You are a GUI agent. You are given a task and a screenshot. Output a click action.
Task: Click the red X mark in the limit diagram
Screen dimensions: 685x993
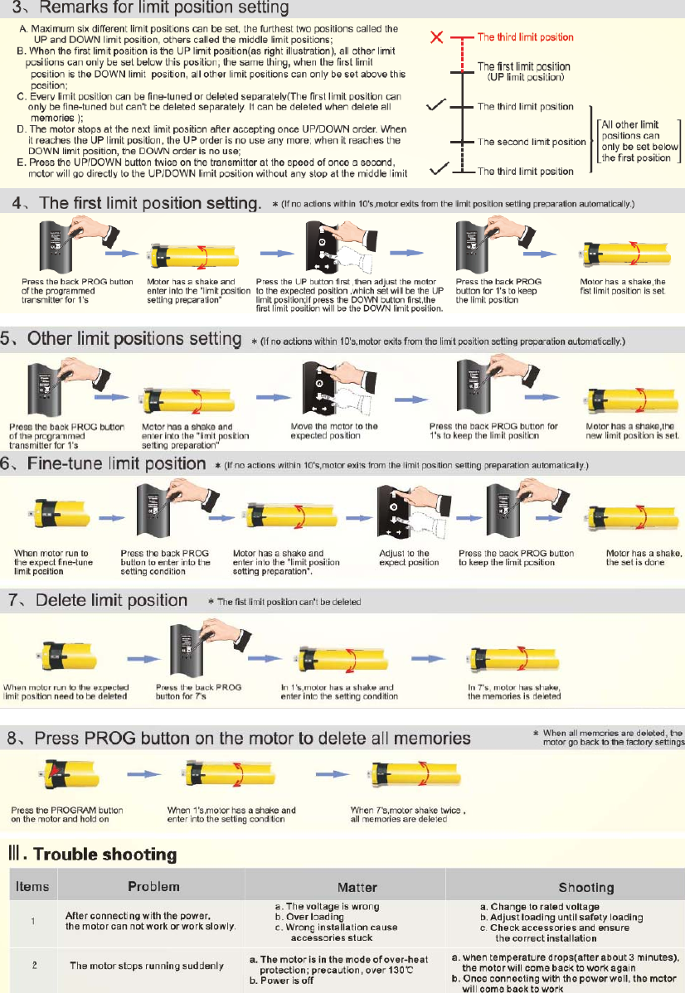(x=436, y=36)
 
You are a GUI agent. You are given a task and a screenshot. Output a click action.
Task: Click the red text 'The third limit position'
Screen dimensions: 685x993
(x=525, y=36)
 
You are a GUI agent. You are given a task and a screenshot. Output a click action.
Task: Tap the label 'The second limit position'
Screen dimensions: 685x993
(x=532, y=142)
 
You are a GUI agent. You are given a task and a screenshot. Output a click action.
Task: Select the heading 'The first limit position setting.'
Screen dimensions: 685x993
(x=150, y=203)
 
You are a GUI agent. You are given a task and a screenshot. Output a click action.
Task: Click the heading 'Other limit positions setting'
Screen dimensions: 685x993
(x=134, y=339)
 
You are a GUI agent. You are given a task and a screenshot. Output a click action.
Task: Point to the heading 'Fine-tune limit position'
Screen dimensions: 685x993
(x=117, y=463)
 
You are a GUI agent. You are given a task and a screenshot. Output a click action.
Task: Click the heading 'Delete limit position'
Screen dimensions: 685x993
(x=111, y=600)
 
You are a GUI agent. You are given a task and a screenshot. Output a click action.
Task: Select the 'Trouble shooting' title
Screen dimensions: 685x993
(x=105, y=855)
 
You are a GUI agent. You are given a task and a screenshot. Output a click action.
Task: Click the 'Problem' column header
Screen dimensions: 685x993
(x=153, y=887)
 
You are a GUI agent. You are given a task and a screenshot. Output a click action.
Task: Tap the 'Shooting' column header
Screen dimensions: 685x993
(x=586, y=888)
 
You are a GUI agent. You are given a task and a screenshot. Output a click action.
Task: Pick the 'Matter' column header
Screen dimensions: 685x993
(x=357, y=888)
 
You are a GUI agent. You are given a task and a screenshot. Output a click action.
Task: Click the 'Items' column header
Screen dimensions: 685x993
(x=32, y=887)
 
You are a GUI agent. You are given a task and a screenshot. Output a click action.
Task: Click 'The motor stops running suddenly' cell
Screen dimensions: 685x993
(x=147, y=966)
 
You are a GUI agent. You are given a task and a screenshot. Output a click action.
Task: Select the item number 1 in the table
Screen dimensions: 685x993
(x=33, y=921)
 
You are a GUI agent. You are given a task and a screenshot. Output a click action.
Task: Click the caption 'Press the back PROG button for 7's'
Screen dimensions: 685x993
(x=198, y=691)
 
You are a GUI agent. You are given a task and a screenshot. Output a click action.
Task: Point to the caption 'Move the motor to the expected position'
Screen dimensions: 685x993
(x=334, y=431)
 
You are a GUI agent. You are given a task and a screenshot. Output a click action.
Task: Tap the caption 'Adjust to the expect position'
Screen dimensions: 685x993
(x=409, y=557)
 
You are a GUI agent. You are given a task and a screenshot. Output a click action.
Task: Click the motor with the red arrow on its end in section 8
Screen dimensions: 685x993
(x=69, y=774)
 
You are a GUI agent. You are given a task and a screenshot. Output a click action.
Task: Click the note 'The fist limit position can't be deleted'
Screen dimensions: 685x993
(x=289, y=602)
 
